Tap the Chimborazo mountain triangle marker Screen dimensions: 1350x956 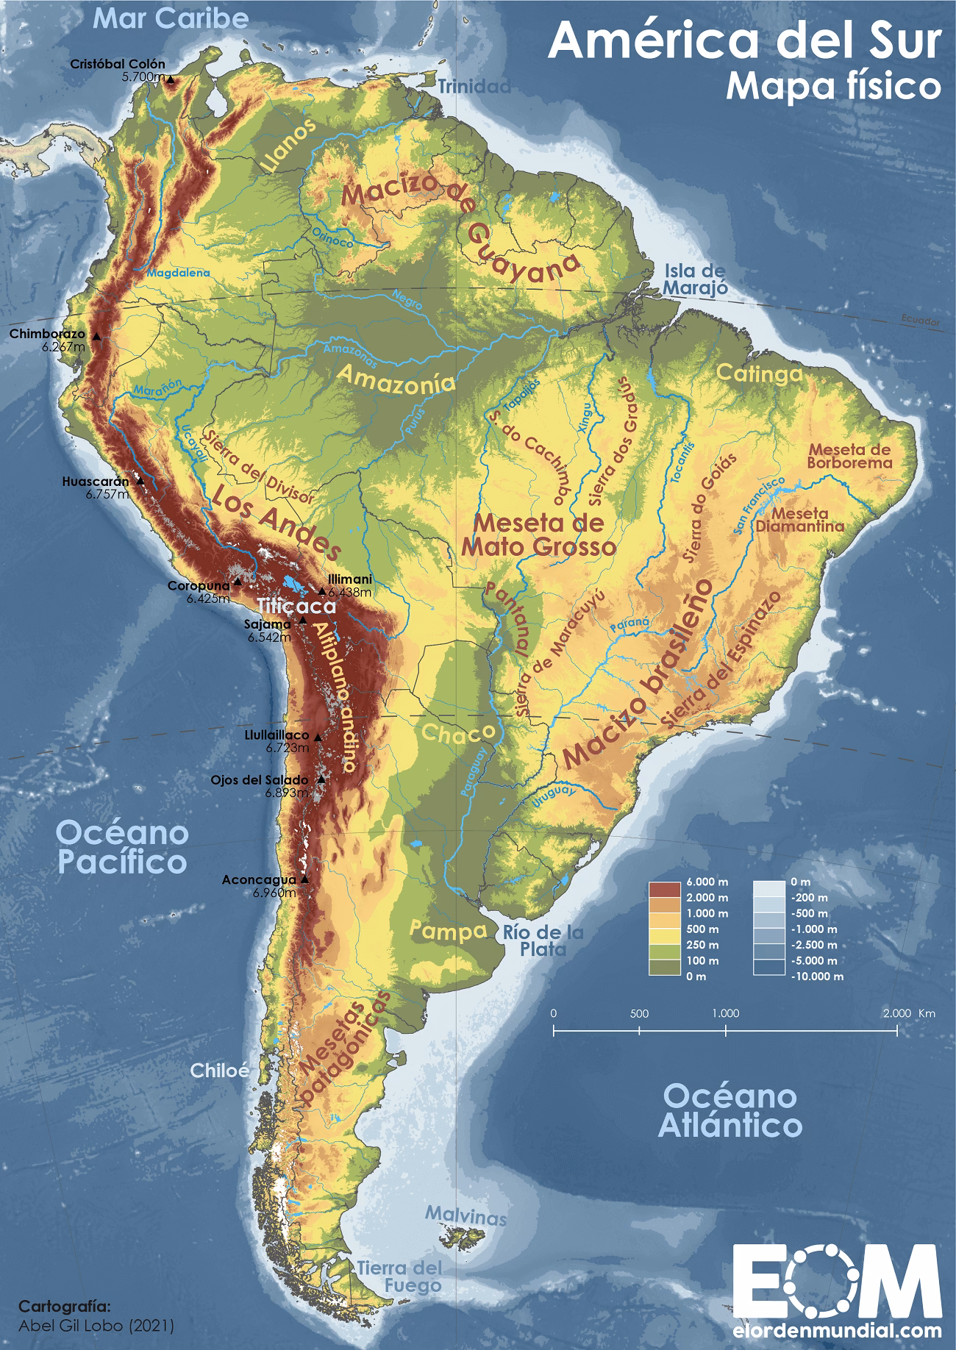click(96, 335)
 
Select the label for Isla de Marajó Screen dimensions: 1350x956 click(694, 279)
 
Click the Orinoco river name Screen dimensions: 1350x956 click(333, 237)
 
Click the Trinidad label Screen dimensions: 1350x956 click(474, 87)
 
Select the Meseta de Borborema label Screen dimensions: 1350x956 click(849, 456)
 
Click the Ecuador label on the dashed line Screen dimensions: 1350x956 click(920, 322)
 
